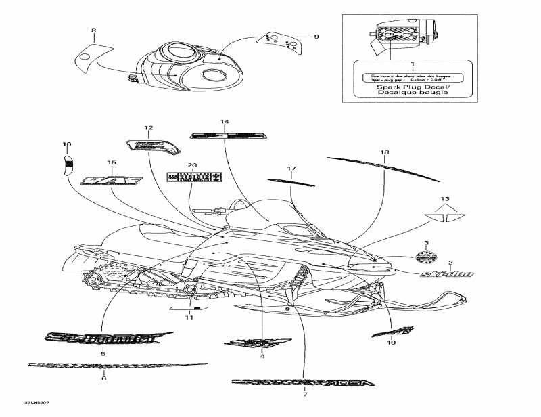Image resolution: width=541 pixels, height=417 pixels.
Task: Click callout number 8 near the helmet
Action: [x=93, y=30]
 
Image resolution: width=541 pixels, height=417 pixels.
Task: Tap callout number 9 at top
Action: [x=316, y=37]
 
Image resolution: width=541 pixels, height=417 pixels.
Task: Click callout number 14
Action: [x=225, y=122]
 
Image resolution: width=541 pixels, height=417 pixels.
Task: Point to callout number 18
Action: [x=384, y=152]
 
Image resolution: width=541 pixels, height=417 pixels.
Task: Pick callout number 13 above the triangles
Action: [x=444, y=199]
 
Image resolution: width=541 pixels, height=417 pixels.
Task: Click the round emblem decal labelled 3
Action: [x=426, y=257]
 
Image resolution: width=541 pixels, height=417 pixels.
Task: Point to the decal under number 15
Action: [x=112, y=181]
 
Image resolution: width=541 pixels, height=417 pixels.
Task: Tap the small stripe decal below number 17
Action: [x=291, y=181]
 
